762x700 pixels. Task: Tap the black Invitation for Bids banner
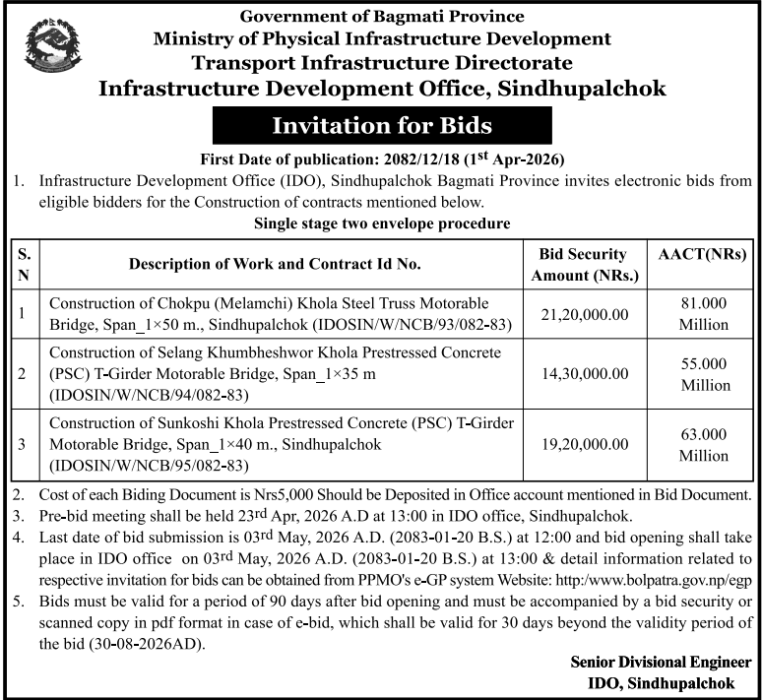pyautogui.click(x=381, y=126)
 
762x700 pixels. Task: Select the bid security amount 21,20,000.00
pyautogui.click(x=585, y=312)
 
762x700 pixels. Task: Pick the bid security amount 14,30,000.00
pyautogui.click(x=585, y=374)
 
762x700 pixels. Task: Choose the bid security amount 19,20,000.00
pyautogui.click(x=585, y=445)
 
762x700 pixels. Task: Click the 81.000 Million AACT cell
pyautogui.click(x=703, y=313)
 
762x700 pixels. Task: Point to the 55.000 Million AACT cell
pyautogui.click(x=703, y=374)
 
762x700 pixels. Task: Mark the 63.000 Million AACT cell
pyautogui.click(x=703, y=445)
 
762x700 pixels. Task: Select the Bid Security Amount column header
pyautogui.click(x=585, y=264)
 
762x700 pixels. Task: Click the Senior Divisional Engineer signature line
pyautogui.click(x=661, y=661)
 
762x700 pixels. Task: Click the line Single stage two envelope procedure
pyautogui.click(x=381, y=223)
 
